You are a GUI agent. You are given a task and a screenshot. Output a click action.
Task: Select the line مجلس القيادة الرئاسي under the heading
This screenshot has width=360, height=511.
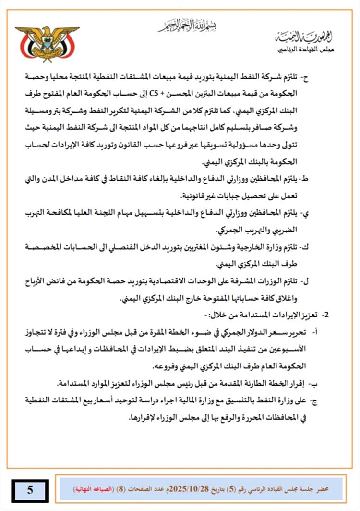306,50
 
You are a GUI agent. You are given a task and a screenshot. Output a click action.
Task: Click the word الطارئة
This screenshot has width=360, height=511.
255,383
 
